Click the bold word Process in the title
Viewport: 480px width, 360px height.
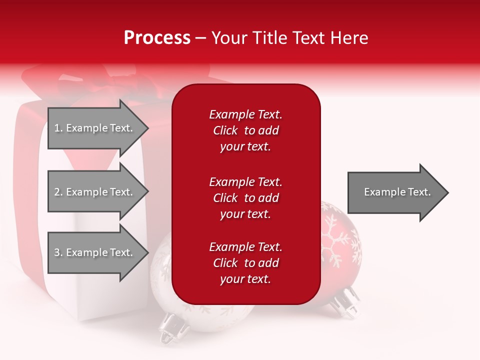click(157, 38)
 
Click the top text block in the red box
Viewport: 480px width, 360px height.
click(245, 130)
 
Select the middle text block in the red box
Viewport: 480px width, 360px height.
click(245, 198)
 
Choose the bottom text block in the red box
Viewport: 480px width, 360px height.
click(245, 263)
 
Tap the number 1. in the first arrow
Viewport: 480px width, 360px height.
click(58, 128)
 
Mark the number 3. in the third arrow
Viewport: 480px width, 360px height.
click(58, 252)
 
